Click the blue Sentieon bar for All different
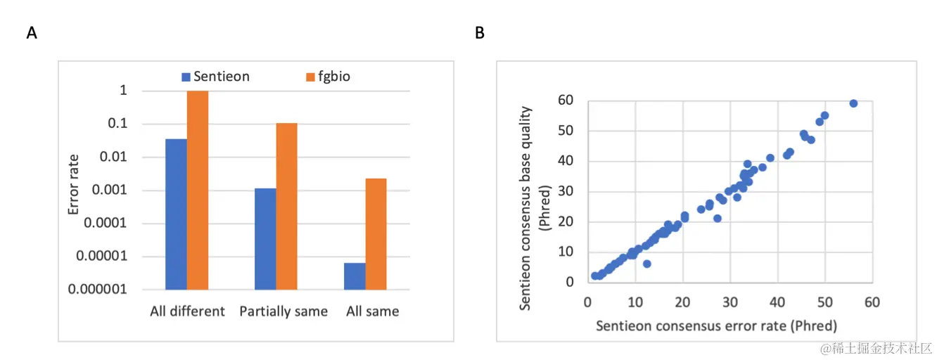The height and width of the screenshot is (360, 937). [176, 214]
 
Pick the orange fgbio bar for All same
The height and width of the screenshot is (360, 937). [376, 233]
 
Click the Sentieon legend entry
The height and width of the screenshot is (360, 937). [215, 77]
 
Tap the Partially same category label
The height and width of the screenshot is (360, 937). [283, 311]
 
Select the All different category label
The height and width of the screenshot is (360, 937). [187, 311]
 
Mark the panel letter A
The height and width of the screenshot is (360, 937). [32, 33]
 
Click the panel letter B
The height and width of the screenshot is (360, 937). [480, 33]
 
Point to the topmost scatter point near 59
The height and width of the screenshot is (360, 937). [853, 103]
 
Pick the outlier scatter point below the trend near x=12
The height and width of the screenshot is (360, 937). [646, 264]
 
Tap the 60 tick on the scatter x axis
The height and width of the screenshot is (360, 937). [872, 302]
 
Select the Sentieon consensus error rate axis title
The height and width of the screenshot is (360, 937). [716, 326]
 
